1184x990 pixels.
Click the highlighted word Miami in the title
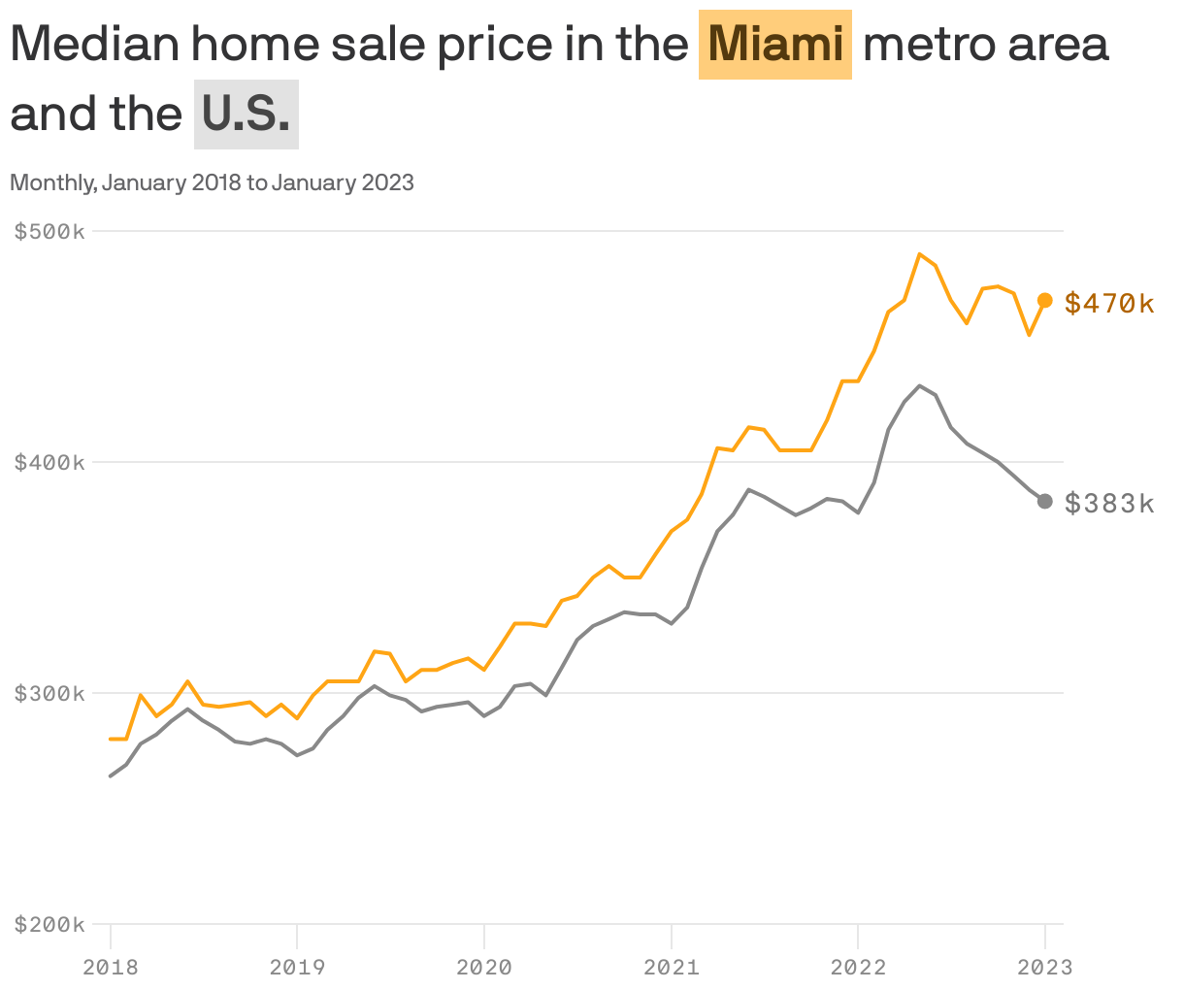pos(774,45)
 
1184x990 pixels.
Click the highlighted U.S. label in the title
pos(247,115)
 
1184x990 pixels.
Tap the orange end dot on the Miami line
pos(1045,300)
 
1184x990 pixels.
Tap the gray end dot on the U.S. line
pos(1045,501)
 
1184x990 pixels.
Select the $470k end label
pos(1109,304)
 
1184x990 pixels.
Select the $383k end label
pos(1109,503)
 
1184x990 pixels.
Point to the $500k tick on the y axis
pos(49,231)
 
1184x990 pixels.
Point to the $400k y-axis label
pos(49,462)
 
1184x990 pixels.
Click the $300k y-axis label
pos(49,693)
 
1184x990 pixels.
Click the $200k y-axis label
pos(49,924)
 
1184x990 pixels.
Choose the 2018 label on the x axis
pos(111,967)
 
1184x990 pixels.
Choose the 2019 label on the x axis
pos(297,967)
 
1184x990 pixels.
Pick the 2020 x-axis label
pos(484,967)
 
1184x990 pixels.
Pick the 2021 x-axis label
pos(672,967)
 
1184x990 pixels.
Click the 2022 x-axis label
pos(858,967)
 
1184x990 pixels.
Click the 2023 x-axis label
pos(1045,967)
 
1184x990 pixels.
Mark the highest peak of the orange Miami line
pos(920,254)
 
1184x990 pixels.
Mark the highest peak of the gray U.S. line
pos(920,386)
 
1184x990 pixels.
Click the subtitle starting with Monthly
pos(212,182)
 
